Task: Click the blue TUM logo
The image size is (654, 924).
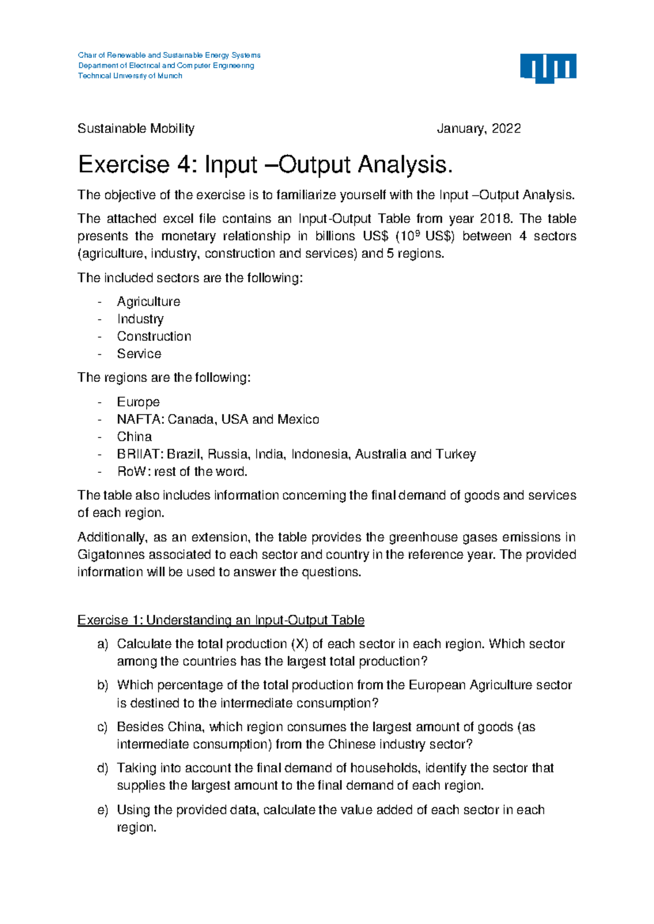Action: [x=548, y=68]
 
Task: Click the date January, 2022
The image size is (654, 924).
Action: [x=479, y=129]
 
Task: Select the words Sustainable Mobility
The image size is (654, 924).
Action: [x=136, y=129]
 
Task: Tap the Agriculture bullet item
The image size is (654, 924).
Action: [x=148, y=301]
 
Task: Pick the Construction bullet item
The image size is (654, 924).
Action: [x=154, y=336]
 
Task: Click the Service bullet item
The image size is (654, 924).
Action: [x=139, y=354]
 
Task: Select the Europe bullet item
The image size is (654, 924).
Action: [x=138, y=402]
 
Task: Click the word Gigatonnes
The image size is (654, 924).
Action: [x=111, y=555]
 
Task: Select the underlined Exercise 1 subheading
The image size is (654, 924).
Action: [x=221, y=620]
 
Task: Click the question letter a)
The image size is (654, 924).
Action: [x=103, y=644]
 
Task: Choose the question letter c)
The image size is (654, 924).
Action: [x=103, y=727]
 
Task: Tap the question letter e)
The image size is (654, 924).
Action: [x=103, y=810]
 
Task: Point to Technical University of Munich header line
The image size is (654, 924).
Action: [x=130, y=76]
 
